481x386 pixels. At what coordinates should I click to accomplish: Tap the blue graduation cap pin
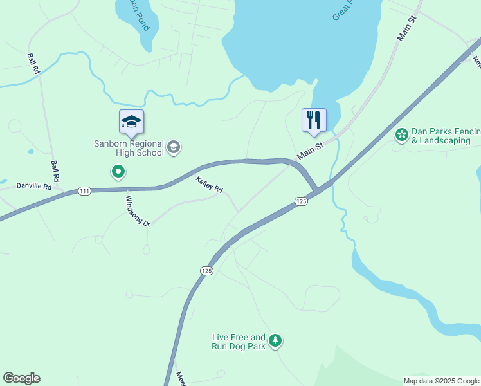pyautogui.click(x=131, y=122)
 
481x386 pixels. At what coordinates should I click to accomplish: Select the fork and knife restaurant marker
pyautogui.click(x=314, y=120)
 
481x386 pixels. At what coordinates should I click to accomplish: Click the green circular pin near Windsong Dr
pyautogui.click(x=118, y=172)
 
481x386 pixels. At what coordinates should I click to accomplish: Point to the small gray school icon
pyautogui.click(x=173, y=148)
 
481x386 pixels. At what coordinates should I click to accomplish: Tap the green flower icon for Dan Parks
pyautogui.click(x=402, y=134)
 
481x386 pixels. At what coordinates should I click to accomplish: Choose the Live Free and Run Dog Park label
pyautogui.click(x=239, y=341)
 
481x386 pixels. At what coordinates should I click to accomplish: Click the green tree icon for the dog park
pyautogui.click(x=275, y=340)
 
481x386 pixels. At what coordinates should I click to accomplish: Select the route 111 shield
pyautogui.click(x=84, y=190)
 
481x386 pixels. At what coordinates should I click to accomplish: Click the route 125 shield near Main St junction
pyautogui.click(x=302, y=201)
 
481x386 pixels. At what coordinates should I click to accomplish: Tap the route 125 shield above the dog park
pyautogui.click(x=206, y=271)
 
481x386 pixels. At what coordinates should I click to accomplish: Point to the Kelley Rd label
pyautogui.click(x=209, y=185)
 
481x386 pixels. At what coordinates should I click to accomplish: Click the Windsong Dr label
pyautogui.click(x=138, y=211)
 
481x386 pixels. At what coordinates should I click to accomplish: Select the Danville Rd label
pyautogui.click(x=34, y=187)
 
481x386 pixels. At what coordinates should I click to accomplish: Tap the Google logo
pyautogui.click(x=21, y=378)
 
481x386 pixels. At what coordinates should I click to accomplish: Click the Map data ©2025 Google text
pyautogui.click(x=441, y=381)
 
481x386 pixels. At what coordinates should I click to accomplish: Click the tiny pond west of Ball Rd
pyautogui.click(x=30, y=152)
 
